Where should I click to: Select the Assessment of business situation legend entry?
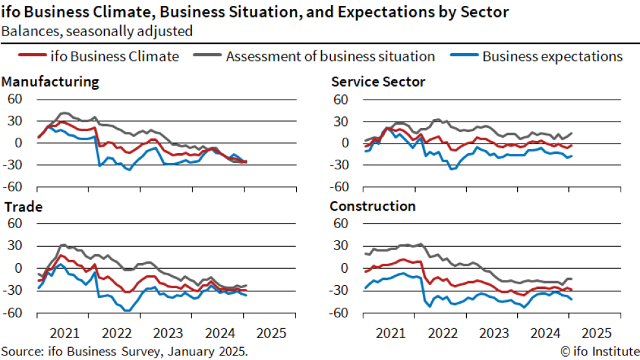(330, 56)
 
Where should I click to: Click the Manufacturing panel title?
(50, 82)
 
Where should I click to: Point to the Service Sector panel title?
(378, 82)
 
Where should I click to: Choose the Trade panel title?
(23, 207)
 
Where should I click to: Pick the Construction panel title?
(372, 207)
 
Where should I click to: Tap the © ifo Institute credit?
(597, 352)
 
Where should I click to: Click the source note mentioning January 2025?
(124, 352)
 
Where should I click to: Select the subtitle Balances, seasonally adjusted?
(96, 30)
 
